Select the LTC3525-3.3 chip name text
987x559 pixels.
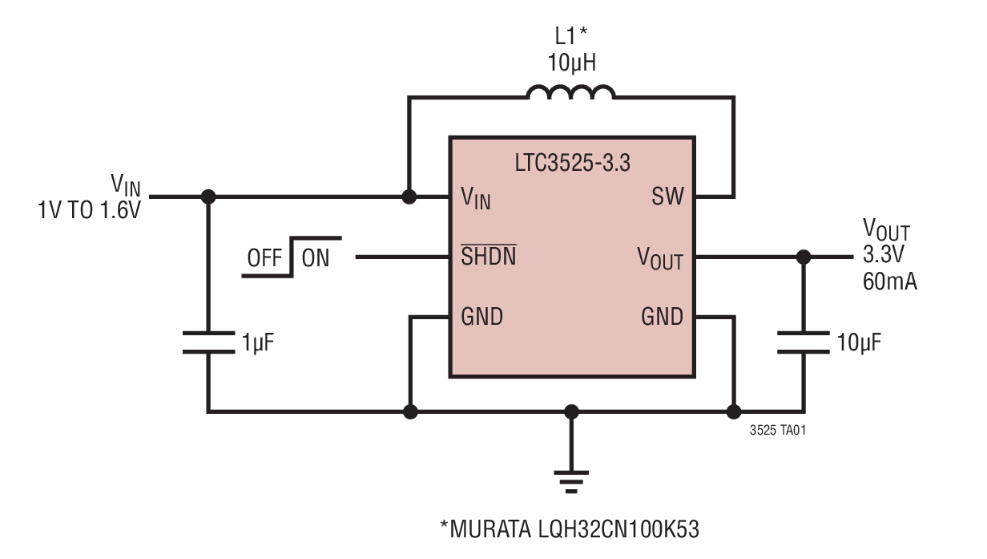pyautogui.click(x=572, y=163)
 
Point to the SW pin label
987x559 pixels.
pyautogui.click(x=667, y=196)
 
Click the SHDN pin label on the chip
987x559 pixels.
pyautogui.click(x=489, y=257)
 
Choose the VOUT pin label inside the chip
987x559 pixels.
pyautogui.click(x=660, y=258)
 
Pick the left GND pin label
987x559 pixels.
pyautogui.click(x=482, y=317)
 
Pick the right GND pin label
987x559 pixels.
pyautogui.click(x=663, y=317)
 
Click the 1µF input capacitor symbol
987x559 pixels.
pyautogui.click(x=208, y=342)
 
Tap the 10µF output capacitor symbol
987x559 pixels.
pyautogui.click(x=803, y=342)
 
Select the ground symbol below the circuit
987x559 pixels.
pyautogui.click(x=571, y=479)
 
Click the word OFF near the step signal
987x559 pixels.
pyautogui.click(x=264, y=258)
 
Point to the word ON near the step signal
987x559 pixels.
pyautogui.click(x=316, y=258)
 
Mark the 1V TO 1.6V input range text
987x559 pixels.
pyautogui.click(x=89, y=211)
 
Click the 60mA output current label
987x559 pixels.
pyautogui.click(x=890, y=282)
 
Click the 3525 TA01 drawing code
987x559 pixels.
pyautogui.click(x=778, y=431)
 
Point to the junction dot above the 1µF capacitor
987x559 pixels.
pyautogui.click(x=208, y=196)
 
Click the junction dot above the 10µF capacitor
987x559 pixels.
pyautogui.click(x=803, y=257)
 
